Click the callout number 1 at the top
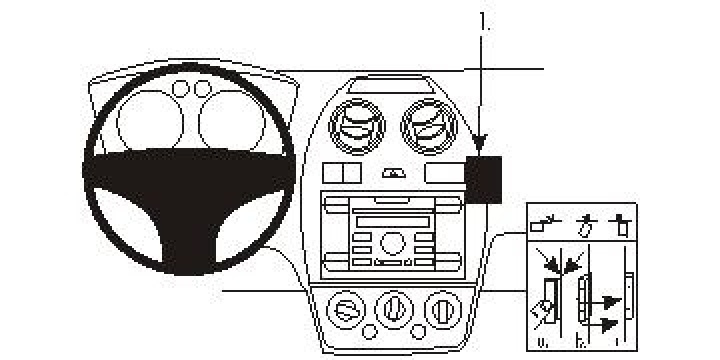pyautogui.click(x=485, y=20)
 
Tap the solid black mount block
pyautogui.click(x=487, y=178)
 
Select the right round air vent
pyautogui.click(x=424, y=127)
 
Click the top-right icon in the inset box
pyautogui.click(x=623, y=223)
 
